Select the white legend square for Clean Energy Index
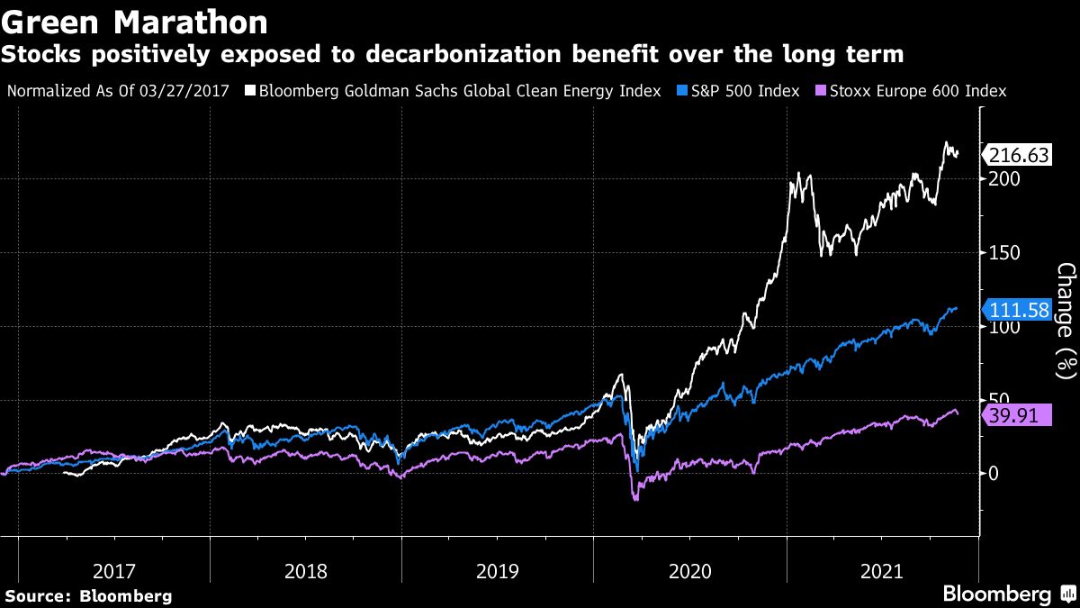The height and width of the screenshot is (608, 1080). [254, 91]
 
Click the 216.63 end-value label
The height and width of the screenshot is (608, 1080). [1019, 155]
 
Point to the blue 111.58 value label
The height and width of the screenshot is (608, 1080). [1019, 311]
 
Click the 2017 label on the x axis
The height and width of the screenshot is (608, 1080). [114, 570]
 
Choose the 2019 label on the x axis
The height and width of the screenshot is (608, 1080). [498, 570]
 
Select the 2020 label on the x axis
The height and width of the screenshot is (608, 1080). [689, 570]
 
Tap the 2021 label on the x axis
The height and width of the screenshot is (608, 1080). [881, 570]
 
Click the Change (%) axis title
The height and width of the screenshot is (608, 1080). [1066, 320]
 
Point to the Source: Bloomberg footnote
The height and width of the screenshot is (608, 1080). [88, 595]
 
